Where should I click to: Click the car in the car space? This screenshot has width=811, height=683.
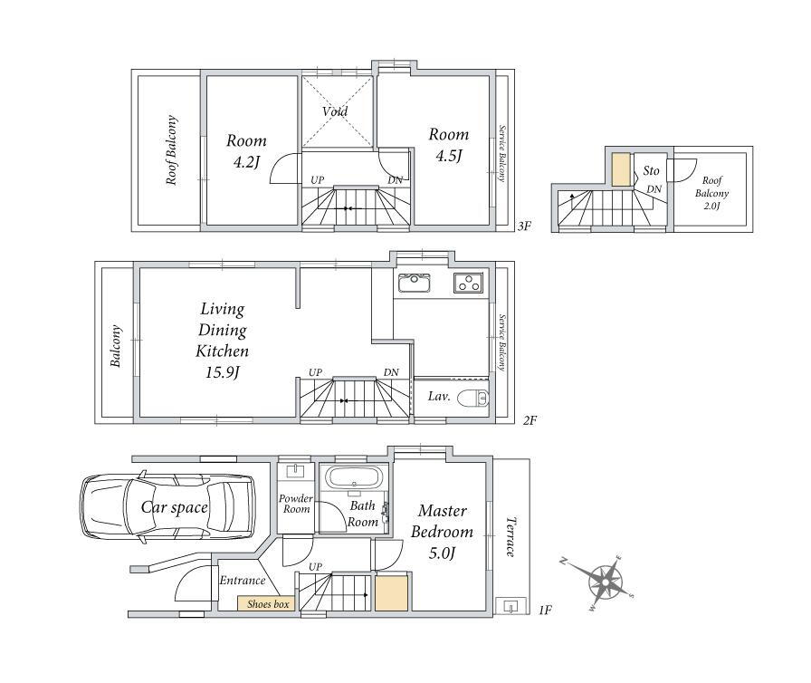pos(167,507)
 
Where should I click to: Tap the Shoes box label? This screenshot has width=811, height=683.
pos(268,604)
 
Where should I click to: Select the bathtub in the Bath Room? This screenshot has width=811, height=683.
pos(355,477)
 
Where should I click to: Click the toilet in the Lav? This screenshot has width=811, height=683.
pos(474,398)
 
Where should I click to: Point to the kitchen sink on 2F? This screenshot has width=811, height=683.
pos(414,283)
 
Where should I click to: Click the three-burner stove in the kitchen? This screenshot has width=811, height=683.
pos(469,283)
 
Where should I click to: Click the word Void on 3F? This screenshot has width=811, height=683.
pos(335,111)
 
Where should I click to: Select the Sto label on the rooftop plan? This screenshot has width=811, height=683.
pos(651,170)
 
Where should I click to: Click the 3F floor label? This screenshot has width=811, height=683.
pos(524,226)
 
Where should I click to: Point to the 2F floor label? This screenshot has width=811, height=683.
pos(530,420)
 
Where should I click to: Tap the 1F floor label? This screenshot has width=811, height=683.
pos(545,610)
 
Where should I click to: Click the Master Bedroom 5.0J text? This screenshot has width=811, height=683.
pos(443,532)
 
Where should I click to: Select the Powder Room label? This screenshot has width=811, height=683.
pos(296,504)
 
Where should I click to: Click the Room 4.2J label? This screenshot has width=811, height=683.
pos(246,151)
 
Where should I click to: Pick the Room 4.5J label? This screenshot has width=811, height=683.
pos(448,145)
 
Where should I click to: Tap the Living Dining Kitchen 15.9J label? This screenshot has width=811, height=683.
pos(223,341)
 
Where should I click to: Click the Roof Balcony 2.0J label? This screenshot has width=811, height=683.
pos(711,193)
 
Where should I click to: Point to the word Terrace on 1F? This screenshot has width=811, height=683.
pos(510,536)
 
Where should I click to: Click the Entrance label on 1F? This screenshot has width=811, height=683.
pos(242,581)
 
